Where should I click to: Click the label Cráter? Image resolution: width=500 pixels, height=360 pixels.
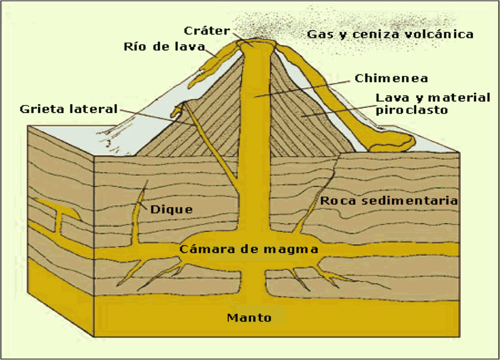point(206,30)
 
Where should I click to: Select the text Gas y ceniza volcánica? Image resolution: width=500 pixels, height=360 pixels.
point(390,34)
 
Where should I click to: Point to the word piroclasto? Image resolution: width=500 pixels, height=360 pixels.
point(411,110)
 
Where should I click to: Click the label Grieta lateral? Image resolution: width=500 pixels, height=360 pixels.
point(69,109)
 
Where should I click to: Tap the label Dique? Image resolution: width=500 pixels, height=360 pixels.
point(171,210)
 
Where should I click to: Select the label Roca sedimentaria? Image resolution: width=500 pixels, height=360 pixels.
point(389,201)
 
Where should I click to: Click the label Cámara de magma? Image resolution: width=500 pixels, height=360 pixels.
point(249,249)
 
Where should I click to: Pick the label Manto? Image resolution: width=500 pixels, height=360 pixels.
point(249,317)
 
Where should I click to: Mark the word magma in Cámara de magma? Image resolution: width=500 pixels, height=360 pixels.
point(294,249)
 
